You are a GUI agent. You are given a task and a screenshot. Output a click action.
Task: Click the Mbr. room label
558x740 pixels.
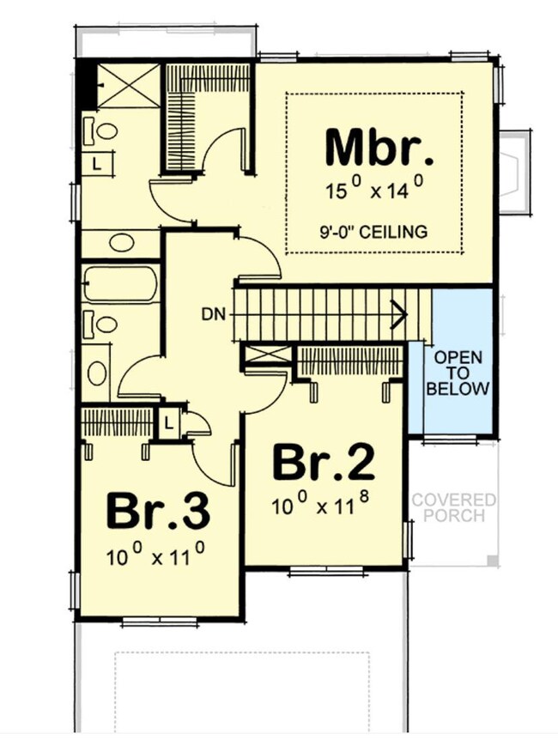[x=379, y=148]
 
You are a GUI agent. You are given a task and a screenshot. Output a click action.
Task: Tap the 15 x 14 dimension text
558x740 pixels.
[x=375, y=189]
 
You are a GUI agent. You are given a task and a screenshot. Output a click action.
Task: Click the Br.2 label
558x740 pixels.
[x=323, y=464]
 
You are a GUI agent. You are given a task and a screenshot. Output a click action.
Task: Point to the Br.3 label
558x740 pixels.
[x=158, y=512]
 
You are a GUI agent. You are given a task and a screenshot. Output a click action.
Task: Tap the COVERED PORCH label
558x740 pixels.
[x=452, y=506]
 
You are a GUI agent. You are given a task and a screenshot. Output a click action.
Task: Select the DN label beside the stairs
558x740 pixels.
[x=215, y=314]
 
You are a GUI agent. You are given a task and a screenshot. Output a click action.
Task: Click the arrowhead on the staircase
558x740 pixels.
[x=398, y=314]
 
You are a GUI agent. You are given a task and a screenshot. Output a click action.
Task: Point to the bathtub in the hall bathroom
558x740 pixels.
[x=120, y=283]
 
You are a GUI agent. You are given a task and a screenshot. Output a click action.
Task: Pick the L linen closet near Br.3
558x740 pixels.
[x=167, y=423]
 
